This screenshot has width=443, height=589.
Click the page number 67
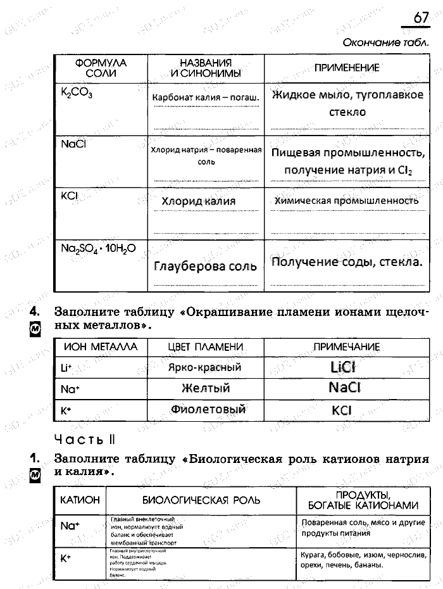(x=421, y=18)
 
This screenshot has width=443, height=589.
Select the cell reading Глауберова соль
(x=205, y=267)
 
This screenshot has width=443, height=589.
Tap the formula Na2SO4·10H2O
(x=98, y=248)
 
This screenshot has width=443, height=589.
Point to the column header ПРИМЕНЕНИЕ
(x=347, y=68)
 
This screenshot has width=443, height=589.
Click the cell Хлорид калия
(x=198, y=201)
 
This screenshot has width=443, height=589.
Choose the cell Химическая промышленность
(x=346, y=201)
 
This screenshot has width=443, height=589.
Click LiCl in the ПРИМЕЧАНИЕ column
(x=344, y=367)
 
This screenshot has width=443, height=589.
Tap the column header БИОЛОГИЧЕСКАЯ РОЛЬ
(x=201, y=500)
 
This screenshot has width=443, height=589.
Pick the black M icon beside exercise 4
(x=35, y=328)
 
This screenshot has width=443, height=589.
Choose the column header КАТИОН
(x=80, y=500)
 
